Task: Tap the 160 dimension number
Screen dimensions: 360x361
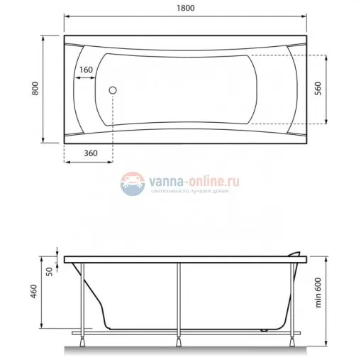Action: click(x=85, y=70)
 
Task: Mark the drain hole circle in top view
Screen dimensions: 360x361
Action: click(x=111, y=89)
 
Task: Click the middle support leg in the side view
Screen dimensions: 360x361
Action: click(x=181, y=298)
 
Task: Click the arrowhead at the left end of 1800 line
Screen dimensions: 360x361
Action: click(x=66, y=16)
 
